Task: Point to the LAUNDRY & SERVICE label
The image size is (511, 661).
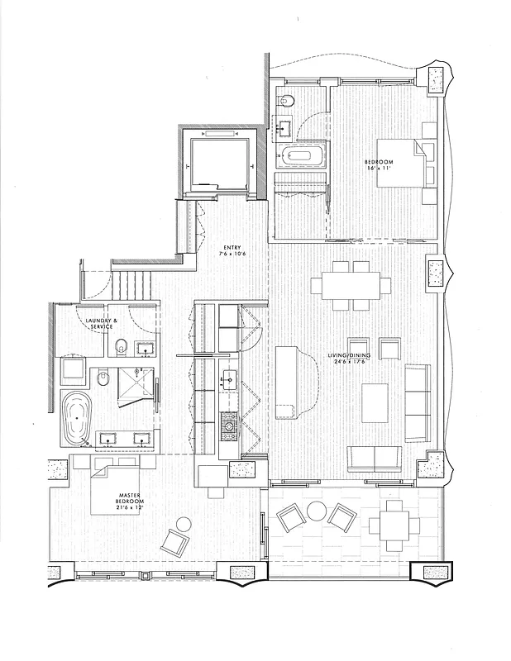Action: [103, 323]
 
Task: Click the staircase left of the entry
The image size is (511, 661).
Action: [133, 285]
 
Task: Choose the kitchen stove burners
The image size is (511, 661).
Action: [229, 426]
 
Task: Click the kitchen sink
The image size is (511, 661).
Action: [229, 381]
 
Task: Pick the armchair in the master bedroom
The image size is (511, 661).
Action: [175, 541]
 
